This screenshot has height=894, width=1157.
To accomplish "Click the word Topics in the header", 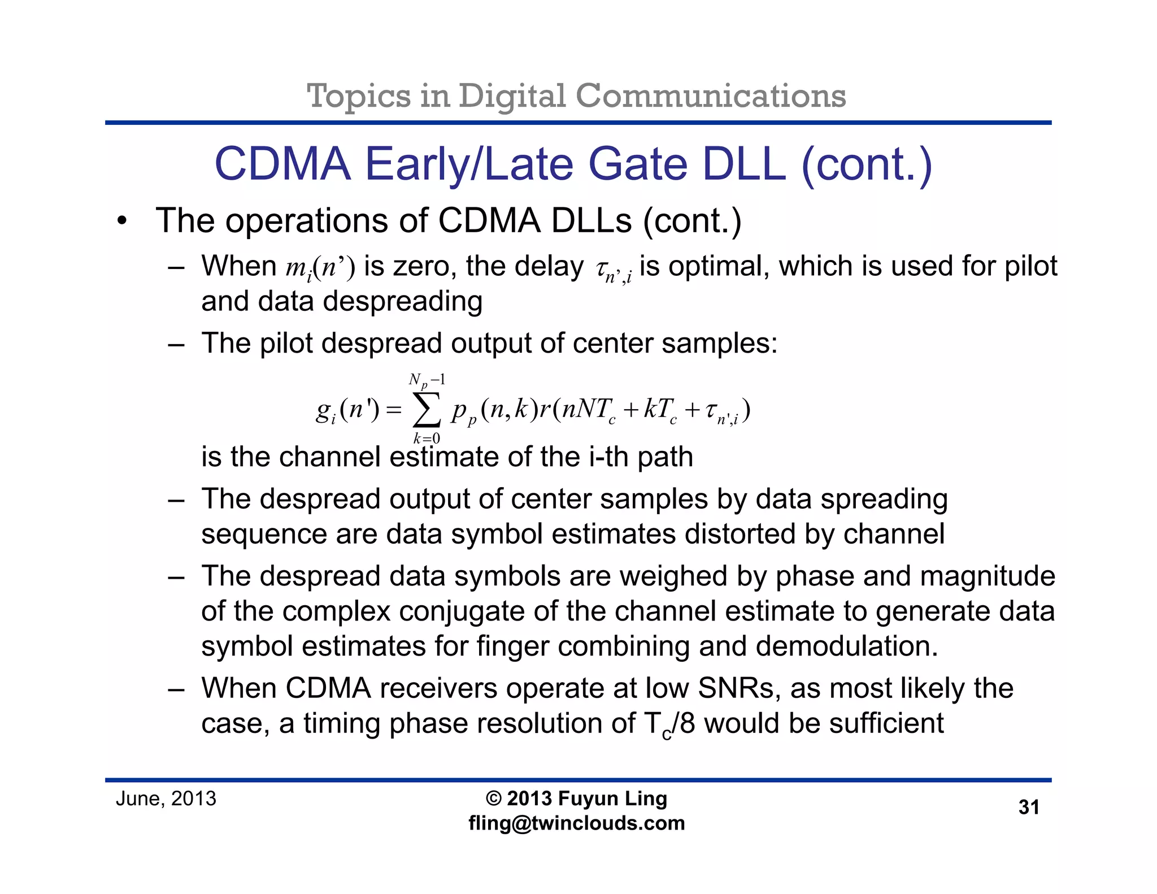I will click(x=358, y=96).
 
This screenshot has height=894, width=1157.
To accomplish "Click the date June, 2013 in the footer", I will click(x=166, y=798).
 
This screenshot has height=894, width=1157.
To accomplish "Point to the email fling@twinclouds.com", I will click(x=576, y=823).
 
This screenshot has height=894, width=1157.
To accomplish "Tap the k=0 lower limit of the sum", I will click(x=427, y=439).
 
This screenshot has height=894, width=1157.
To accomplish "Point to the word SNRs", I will click(x=739, y=688).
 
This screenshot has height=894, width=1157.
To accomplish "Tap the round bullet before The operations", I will click(x=122, y=221).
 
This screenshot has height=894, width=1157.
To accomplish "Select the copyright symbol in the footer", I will click(x=494, y=798).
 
